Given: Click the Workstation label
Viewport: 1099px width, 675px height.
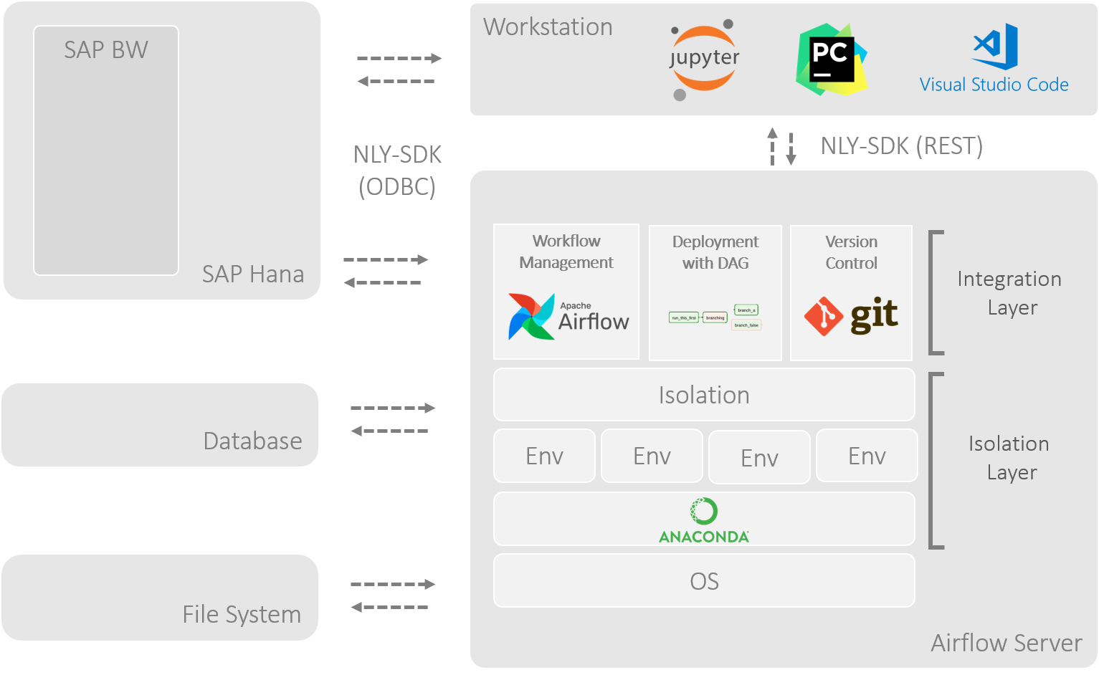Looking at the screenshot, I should (548, 27).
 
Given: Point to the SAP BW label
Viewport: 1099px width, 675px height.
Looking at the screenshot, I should (106, 50).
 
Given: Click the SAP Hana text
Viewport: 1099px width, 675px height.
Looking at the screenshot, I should (252, 274).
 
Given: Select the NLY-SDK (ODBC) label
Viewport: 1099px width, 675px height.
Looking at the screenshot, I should (397, 171).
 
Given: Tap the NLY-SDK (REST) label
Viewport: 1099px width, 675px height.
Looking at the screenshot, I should (901, 146).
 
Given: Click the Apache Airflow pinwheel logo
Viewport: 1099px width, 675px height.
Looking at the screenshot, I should (531, 316).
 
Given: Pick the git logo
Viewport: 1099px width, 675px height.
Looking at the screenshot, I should (851, 316).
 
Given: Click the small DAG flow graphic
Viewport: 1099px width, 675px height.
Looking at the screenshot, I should (715, 317).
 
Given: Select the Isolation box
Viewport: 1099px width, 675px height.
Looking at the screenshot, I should (704, 395).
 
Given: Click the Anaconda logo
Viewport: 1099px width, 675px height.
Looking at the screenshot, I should (704, 520).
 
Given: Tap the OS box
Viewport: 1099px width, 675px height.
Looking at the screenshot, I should (704, 581).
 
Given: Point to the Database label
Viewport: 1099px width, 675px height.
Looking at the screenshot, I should (252, 441).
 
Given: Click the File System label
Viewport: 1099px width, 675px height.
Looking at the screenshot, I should (242, 615).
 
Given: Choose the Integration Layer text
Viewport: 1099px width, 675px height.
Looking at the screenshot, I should (1009, 293).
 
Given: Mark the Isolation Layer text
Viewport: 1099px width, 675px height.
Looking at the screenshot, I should (1009, 458).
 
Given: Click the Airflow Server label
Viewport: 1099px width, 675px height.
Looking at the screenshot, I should (1006, 643).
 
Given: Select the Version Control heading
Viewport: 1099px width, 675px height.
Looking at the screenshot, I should (851, 252).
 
